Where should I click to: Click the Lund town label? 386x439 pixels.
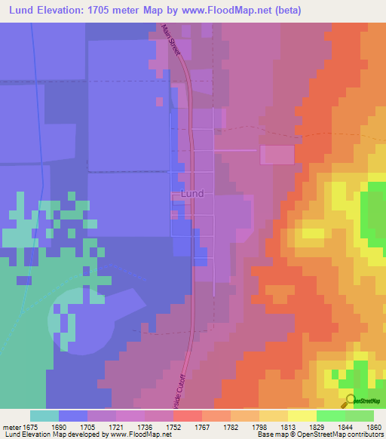193,194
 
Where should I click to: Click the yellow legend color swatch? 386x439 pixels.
302,416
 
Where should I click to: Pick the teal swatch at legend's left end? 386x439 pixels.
44,416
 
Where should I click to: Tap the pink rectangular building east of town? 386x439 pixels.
277,155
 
